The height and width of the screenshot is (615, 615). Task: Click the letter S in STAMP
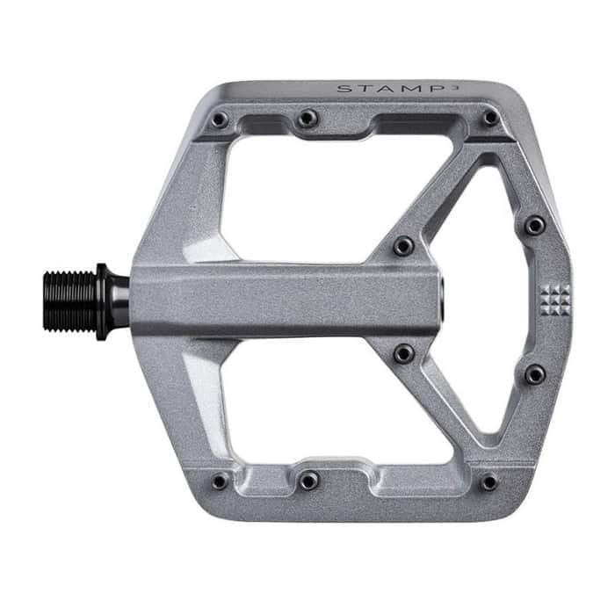341,88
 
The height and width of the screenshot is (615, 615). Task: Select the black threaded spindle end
70,300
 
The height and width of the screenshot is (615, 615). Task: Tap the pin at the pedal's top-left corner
220,119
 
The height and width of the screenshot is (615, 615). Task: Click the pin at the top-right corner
490,118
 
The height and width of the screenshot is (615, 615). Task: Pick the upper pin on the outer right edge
534,226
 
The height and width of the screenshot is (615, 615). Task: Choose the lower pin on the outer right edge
534,375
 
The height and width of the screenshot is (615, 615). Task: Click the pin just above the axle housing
403,246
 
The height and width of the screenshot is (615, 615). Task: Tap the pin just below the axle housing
403,354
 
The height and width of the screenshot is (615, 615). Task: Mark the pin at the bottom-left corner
220,481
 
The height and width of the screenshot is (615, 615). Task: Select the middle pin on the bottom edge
307,481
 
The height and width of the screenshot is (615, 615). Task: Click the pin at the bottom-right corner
489,481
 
